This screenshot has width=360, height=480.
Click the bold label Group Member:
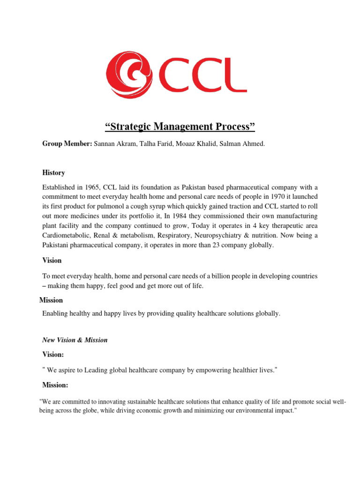67,144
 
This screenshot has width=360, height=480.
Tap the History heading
53,173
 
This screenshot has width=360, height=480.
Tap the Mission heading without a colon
51,300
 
